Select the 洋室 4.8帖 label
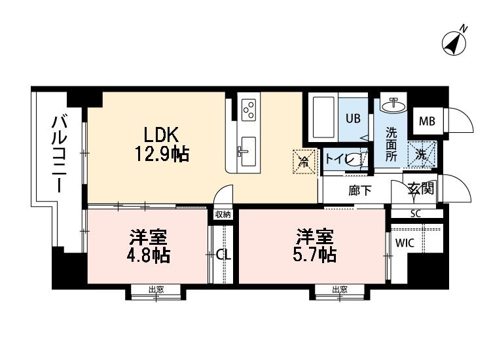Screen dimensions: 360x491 point(149,246)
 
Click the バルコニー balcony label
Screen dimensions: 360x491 point(60,153)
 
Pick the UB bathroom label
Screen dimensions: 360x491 point(354,118)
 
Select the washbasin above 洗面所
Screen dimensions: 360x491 point(394,105)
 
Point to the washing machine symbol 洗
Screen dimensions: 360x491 point(421,154)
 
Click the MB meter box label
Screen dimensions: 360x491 point(427,120)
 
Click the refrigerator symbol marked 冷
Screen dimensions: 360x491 point(303,160)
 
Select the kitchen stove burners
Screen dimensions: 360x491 point(248,110)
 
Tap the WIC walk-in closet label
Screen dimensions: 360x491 point(404,243)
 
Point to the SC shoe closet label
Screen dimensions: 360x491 point(415,213)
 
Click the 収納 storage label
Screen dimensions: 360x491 point(222,214)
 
